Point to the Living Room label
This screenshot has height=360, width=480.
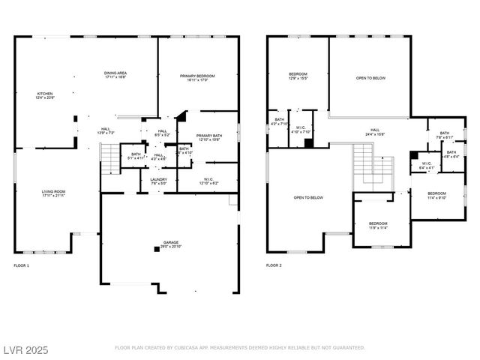[x=53, y=193]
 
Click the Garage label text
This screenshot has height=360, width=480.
[x=171, y=244]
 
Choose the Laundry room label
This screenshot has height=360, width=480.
[x=158, y=181]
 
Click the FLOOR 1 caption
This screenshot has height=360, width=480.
[x=22, y=265]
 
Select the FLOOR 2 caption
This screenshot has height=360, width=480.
[x=274, y=265]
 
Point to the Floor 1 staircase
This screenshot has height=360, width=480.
[x=109, y=157]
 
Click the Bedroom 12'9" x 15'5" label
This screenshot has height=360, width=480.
[x=298, y=76]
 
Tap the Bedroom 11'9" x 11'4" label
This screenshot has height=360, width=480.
[x=378, y=225]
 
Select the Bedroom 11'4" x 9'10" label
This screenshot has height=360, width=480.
[x=436, y=195]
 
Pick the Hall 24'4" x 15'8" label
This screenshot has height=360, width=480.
[x=375, y=132]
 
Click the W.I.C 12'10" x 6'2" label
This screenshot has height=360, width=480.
[x=208, y=181]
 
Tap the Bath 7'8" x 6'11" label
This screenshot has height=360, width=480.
[x=445, y=136]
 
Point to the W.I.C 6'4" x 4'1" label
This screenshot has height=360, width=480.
[x=426, y=165]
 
